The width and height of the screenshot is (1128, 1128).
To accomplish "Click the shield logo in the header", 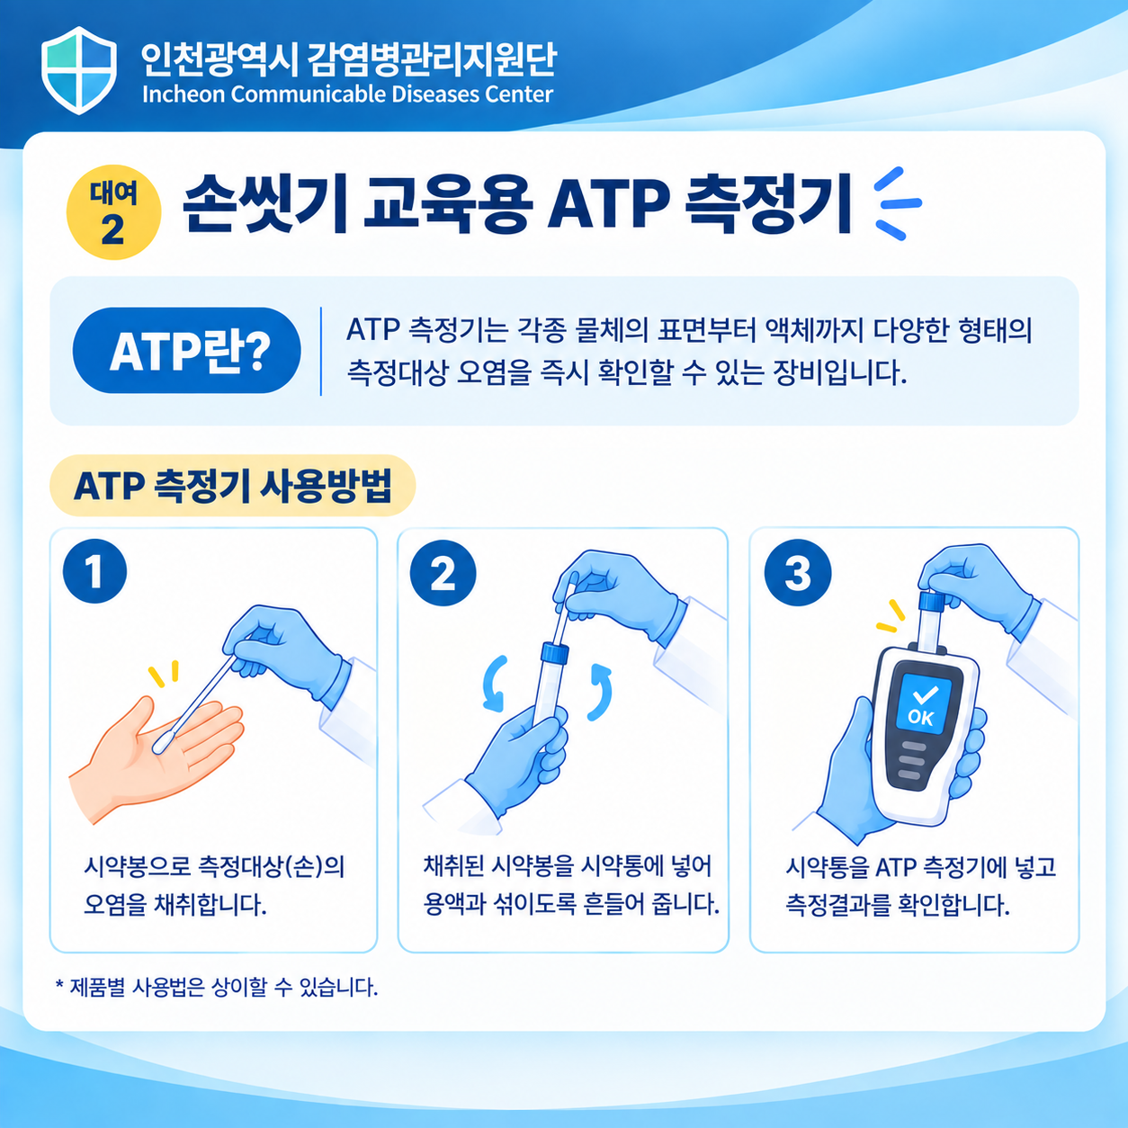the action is (79, 70).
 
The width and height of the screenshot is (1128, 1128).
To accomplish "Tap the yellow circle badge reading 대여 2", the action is (113, 212).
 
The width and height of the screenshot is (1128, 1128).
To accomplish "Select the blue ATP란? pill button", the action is (187, 350).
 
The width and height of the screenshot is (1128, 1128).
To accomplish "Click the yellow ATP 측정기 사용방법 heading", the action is (232, 485).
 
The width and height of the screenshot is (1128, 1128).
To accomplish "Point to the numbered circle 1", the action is (94, 571).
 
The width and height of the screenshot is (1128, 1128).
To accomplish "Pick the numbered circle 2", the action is (443, 572).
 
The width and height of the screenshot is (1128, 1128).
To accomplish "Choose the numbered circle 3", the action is (798, 572).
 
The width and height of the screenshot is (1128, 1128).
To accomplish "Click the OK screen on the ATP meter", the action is (924, 703).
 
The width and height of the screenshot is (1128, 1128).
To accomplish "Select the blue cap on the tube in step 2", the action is (556, 652).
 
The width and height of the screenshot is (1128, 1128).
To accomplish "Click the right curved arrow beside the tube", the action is (600, 692).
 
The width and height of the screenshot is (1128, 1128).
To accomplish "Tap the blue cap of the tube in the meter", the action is (931, 601).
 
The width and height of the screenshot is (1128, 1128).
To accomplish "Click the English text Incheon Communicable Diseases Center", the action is (348, 94).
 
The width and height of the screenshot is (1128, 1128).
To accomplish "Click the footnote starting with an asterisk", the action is (217, 988).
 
